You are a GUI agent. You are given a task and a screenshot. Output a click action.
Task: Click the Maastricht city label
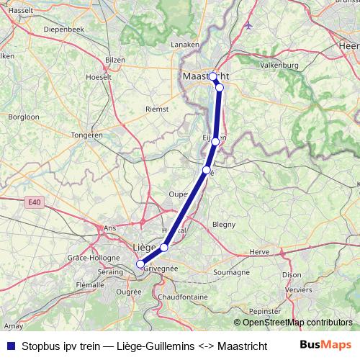(x=204, y=75)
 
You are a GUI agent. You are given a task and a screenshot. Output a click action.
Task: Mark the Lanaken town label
(x=184, y=45)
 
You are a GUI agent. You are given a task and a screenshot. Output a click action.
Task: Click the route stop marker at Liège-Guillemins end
(x=140, y=264)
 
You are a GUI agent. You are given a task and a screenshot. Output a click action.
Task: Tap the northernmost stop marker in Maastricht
(x=212, y=76)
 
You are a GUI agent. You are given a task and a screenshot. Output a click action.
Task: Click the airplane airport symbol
(x=249, y=27)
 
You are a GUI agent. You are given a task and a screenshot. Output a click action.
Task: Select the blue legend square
(x=10, y=346)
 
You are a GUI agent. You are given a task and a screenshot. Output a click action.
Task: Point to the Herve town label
(x=258, y=251)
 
